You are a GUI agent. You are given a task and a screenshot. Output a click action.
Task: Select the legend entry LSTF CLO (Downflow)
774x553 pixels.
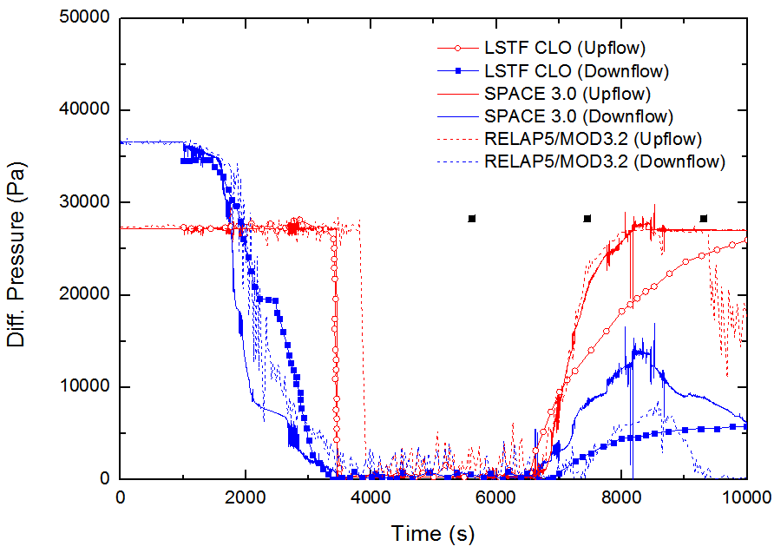point(576,69)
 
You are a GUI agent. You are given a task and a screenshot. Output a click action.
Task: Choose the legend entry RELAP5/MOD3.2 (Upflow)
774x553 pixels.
point(594,138)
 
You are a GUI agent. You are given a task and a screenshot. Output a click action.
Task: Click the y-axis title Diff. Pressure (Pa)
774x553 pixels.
point(16,248)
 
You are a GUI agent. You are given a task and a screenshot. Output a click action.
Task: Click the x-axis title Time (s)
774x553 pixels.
point(433,533)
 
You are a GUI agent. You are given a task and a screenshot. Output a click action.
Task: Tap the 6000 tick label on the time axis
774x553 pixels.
point(496,498)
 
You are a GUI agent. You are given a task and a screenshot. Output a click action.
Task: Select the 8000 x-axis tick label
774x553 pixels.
point(621,498)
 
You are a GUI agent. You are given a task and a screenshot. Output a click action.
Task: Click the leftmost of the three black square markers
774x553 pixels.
point(472,219)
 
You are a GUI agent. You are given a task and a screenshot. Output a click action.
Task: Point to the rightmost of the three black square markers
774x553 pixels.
point(704,219)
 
